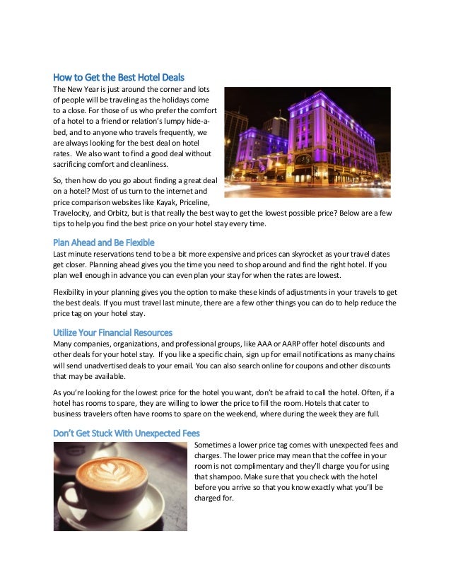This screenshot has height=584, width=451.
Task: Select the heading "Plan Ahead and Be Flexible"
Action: click(104, 243)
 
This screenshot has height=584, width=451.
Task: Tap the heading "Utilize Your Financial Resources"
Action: click(113, 332)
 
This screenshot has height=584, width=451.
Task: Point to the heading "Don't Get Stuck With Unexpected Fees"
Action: click(126, 433)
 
